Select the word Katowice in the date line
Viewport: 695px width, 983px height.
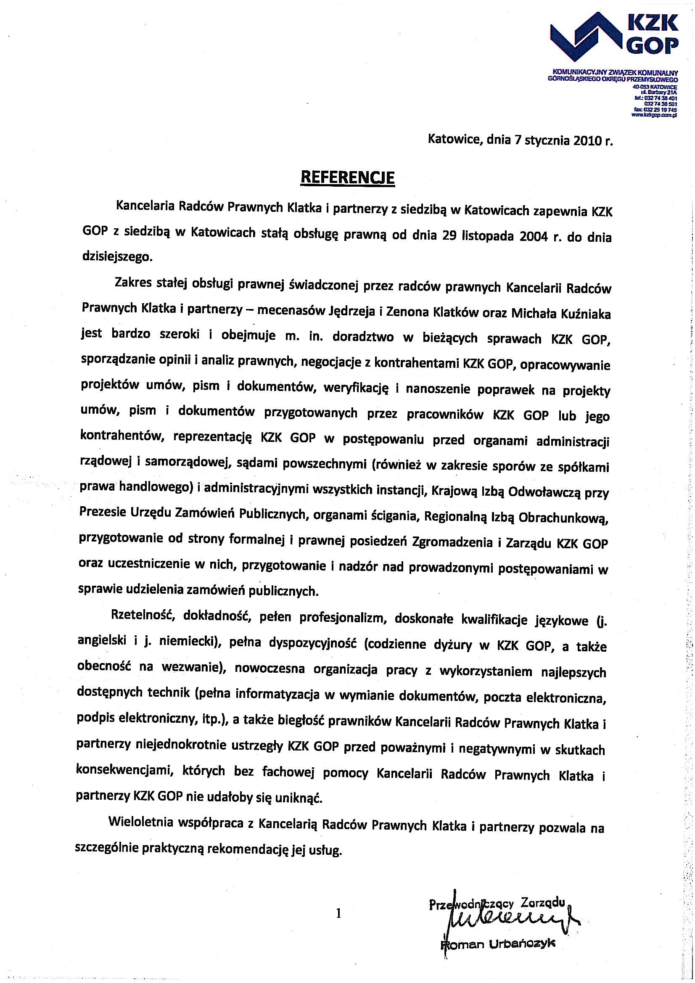click(x=453, y=140)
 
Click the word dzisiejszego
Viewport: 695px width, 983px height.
click(x=116, y=257)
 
